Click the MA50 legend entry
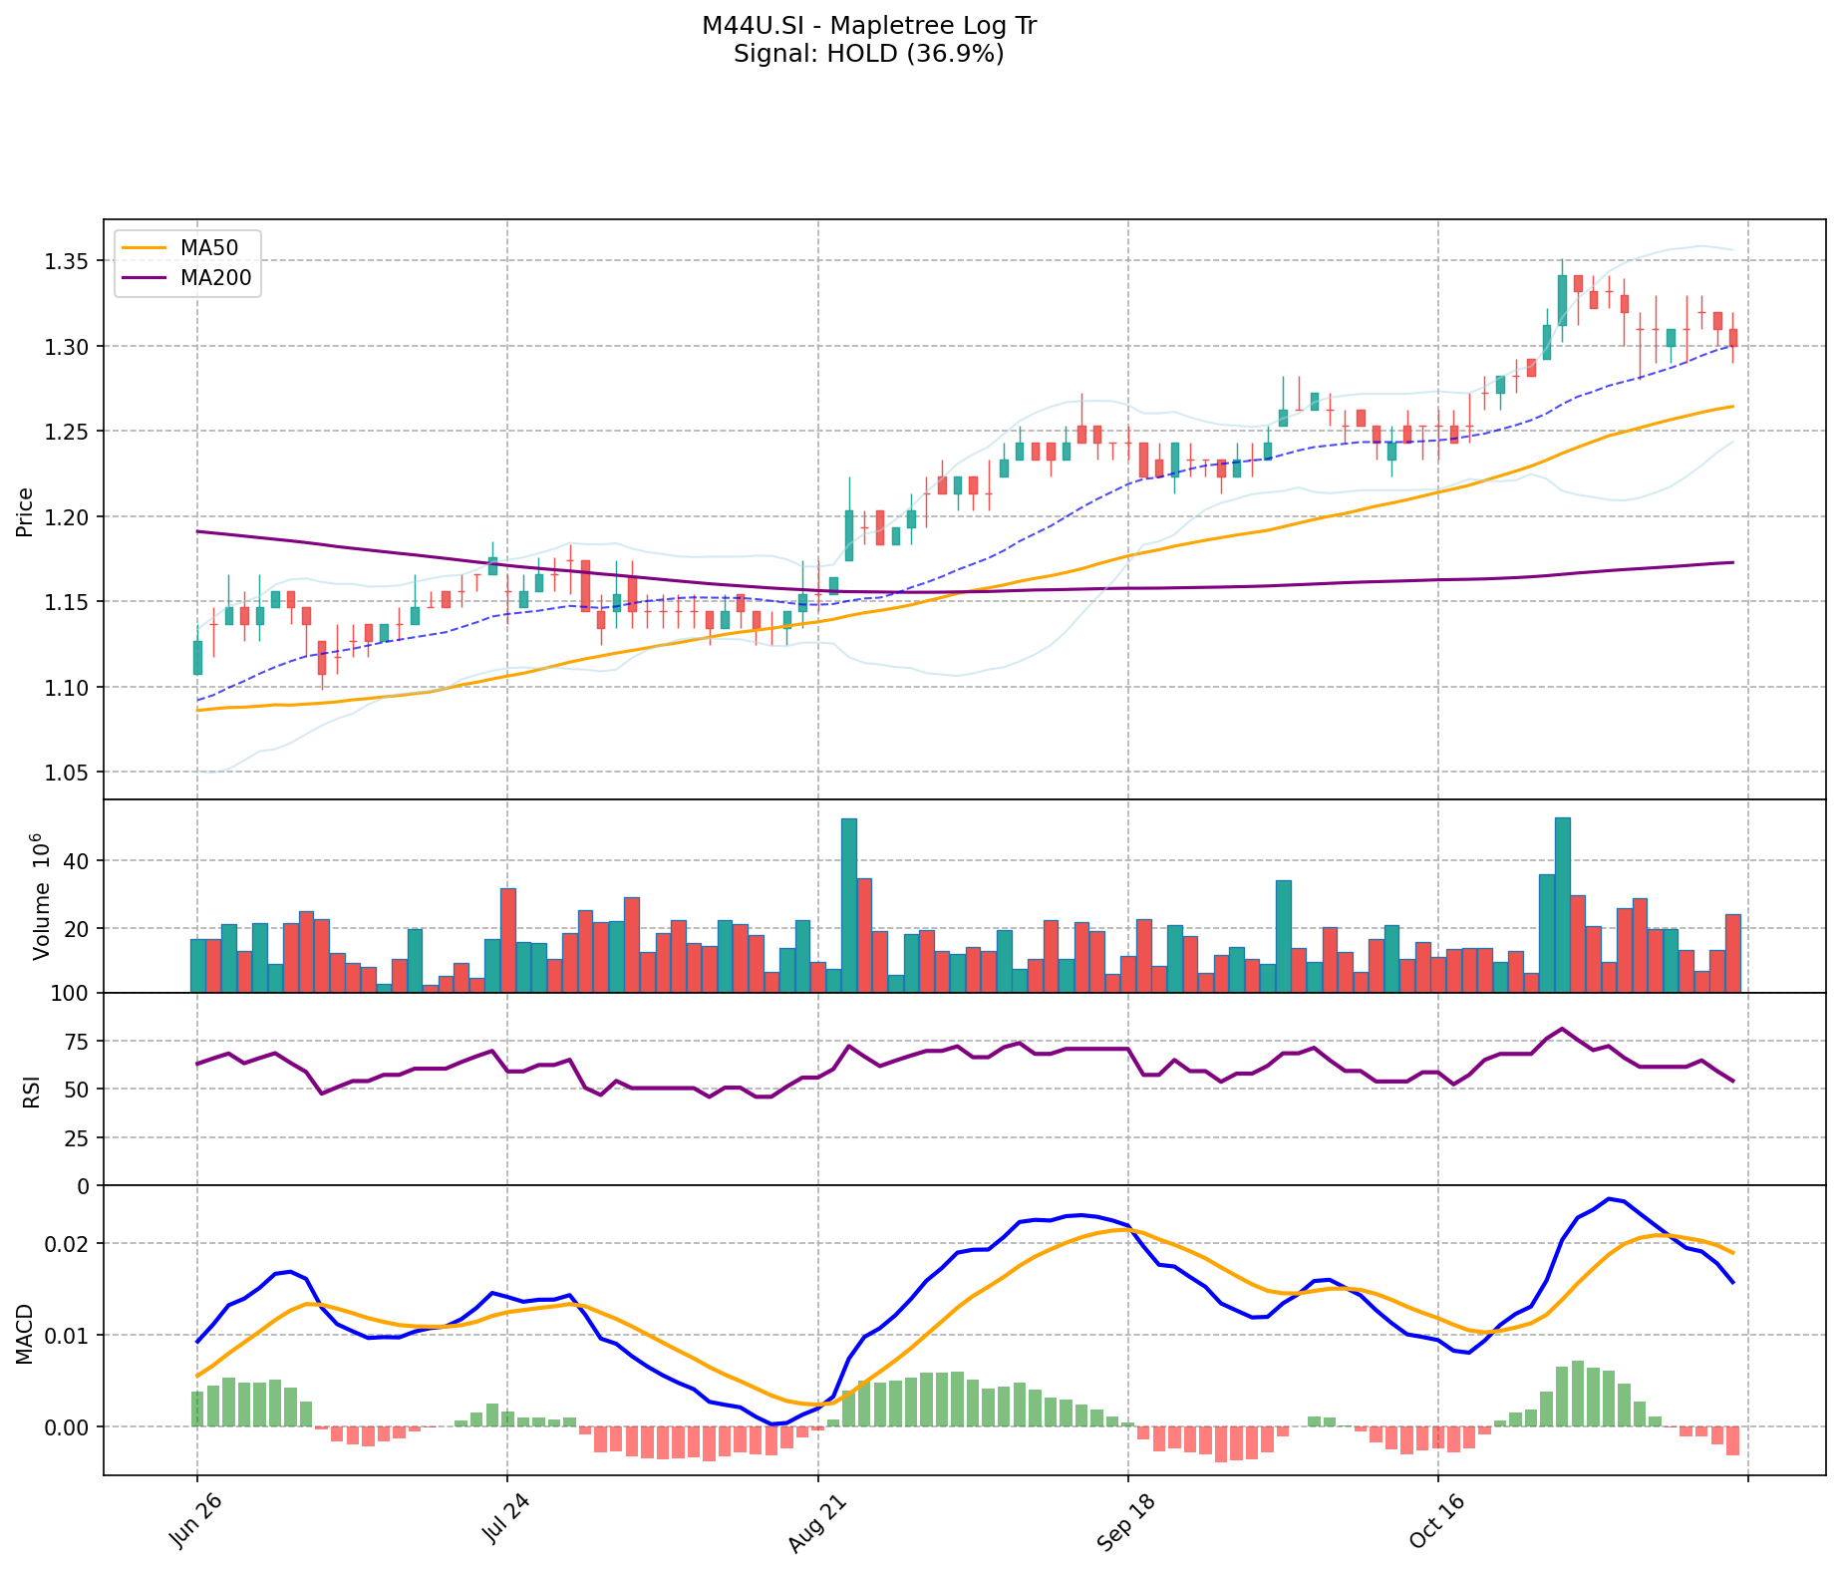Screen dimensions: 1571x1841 pyautogui.click(x=208, y=248)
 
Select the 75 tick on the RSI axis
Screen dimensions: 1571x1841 pyautogui.click(x=79, y=1043)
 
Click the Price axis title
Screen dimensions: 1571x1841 pyautogui.click(x=25, y=511)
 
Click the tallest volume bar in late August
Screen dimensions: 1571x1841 pyautogui.click(x=849, y=905)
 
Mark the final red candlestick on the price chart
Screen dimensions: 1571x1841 pyautogui.click(x=1733, y=338)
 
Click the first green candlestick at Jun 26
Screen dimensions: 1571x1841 pyautogui.click(x=197, y=657)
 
